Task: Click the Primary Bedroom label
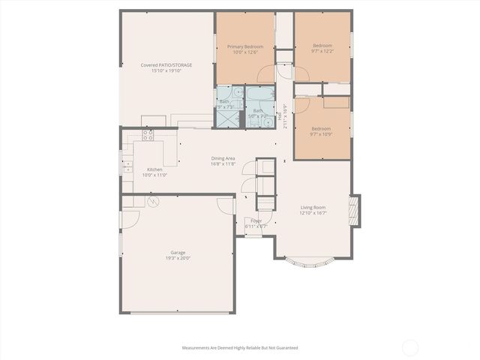click(x=245, y=46)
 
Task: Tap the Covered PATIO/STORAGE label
click(x=166, y=65)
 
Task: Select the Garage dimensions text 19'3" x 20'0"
click(x=178, y=258)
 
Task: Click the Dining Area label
click(x=223, y=158)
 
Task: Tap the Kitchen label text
click(x=154, y=169)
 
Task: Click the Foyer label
click(x=256, y=220)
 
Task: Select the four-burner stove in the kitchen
click(x=148, y=136)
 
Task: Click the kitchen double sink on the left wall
click(x=127, y=166)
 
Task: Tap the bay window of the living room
click(x=310, y=263)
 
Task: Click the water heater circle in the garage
click(x=153, y=202)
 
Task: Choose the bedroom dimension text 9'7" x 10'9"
click(x=322, y=134)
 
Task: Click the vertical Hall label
click(x=280, y=115)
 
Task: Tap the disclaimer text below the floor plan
click(x=240, y=348)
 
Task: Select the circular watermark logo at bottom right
click(x=410, y=347)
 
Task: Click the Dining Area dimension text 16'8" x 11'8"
click(x=223, y=163)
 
